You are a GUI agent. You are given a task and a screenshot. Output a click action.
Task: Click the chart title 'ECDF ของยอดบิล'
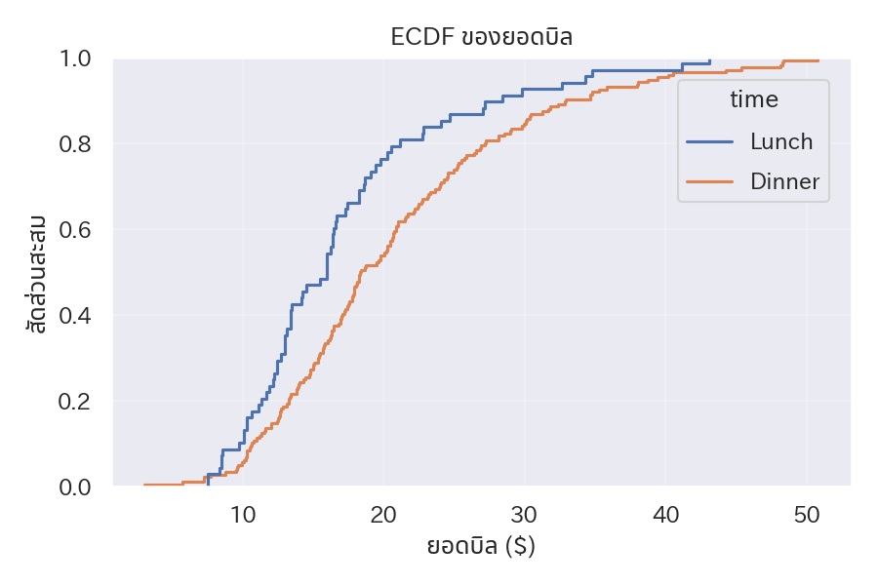pyautogui.click(x=481, y=38)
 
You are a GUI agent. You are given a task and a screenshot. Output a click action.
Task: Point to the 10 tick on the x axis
pyautogui.click(x=243, y=515)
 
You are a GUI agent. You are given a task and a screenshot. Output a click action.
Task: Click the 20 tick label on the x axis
pyautogui.click(x=383, y=515)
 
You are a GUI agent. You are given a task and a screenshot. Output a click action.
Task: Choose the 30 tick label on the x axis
pyautogui.click(x=525, y=515)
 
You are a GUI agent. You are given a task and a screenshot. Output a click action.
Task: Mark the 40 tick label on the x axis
pyautogui.click(x=665, y=515)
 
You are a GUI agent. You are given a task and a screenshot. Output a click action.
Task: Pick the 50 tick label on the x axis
pyautogui.click(x=806, y=515)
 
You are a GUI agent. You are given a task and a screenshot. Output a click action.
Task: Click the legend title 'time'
pyautogui.click(x=754, y=99)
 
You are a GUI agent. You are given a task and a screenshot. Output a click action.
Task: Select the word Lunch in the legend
pyautogui.click(x=781, y=141)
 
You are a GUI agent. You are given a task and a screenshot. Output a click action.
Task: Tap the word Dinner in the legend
pyautogui.click(x=785, y=181)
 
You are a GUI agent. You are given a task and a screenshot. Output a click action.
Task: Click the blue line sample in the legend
pyautogui.click(x=710, y=141)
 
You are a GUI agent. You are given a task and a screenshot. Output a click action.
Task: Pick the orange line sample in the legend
pyautogui.click(x=710, y=181)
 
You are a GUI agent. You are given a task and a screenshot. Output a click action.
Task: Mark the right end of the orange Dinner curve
pyautogui.click(x=818, y=60)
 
